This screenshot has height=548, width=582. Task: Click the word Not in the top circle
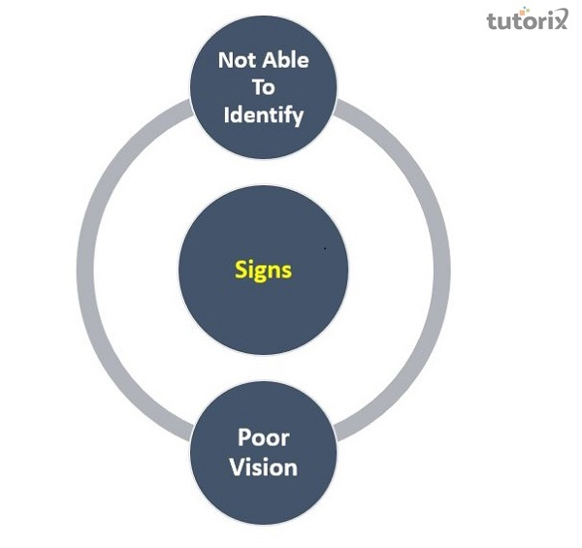[x=237, y=60]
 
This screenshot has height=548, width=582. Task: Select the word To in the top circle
[x=264, y=87]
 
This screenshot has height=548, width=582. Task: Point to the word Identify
[x=264, y=114]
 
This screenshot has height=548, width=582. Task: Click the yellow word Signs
[x=263, y=270]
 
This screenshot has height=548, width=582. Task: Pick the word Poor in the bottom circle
[x=264, y=438]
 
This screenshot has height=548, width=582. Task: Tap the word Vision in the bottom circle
[x=264, y=467]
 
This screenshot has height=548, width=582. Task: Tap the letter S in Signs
[x=242, y=269]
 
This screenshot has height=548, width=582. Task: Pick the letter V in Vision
[x=237, y=467]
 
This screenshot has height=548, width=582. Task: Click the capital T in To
[x=257, y=87]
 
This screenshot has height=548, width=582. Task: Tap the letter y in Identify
[x=298, y=117]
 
